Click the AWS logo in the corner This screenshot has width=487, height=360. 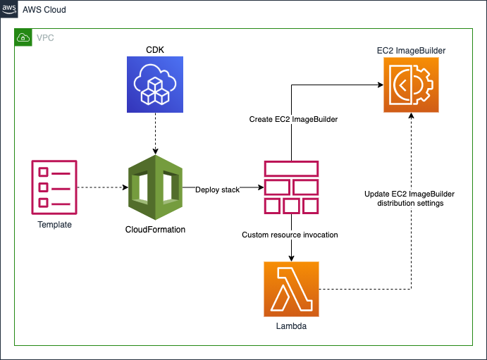click(x=9, y=9)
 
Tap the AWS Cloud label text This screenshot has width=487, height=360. click(x=44, y=10)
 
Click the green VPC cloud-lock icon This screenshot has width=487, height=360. click(x=23, y=37)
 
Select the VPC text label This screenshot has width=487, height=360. click(x=45, y=38)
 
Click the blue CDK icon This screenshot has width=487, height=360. click(x=155, y=85)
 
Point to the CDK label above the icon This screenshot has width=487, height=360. click(x=155, y=49)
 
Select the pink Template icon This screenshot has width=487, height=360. click(x=54, y=187)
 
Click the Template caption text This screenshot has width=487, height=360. click(x=55, y=224)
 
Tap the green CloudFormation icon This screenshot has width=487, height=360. click(x=155, y=187)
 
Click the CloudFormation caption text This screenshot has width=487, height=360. click(x=155, y=230)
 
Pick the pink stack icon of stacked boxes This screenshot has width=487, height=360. click(x=291, y=187)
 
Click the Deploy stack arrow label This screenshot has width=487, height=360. click(x=217, y=190)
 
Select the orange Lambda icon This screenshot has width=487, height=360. click(x=291, y=290)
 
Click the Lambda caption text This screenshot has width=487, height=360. click(x=291, y=326)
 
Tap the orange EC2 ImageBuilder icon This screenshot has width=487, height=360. click(x=411, y=85)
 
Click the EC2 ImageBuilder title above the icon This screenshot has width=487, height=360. click(x=411, y=51)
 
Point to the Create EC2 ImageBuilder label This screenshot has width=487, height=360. click(x=293, y=119)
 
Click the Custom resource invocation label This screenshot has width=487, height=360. click(x=290, y=235)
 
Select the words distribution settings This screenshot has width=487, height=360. click(x=410, y=203)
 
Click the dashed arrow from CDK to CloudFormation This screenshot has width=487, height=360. click(x=155, y=134)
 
